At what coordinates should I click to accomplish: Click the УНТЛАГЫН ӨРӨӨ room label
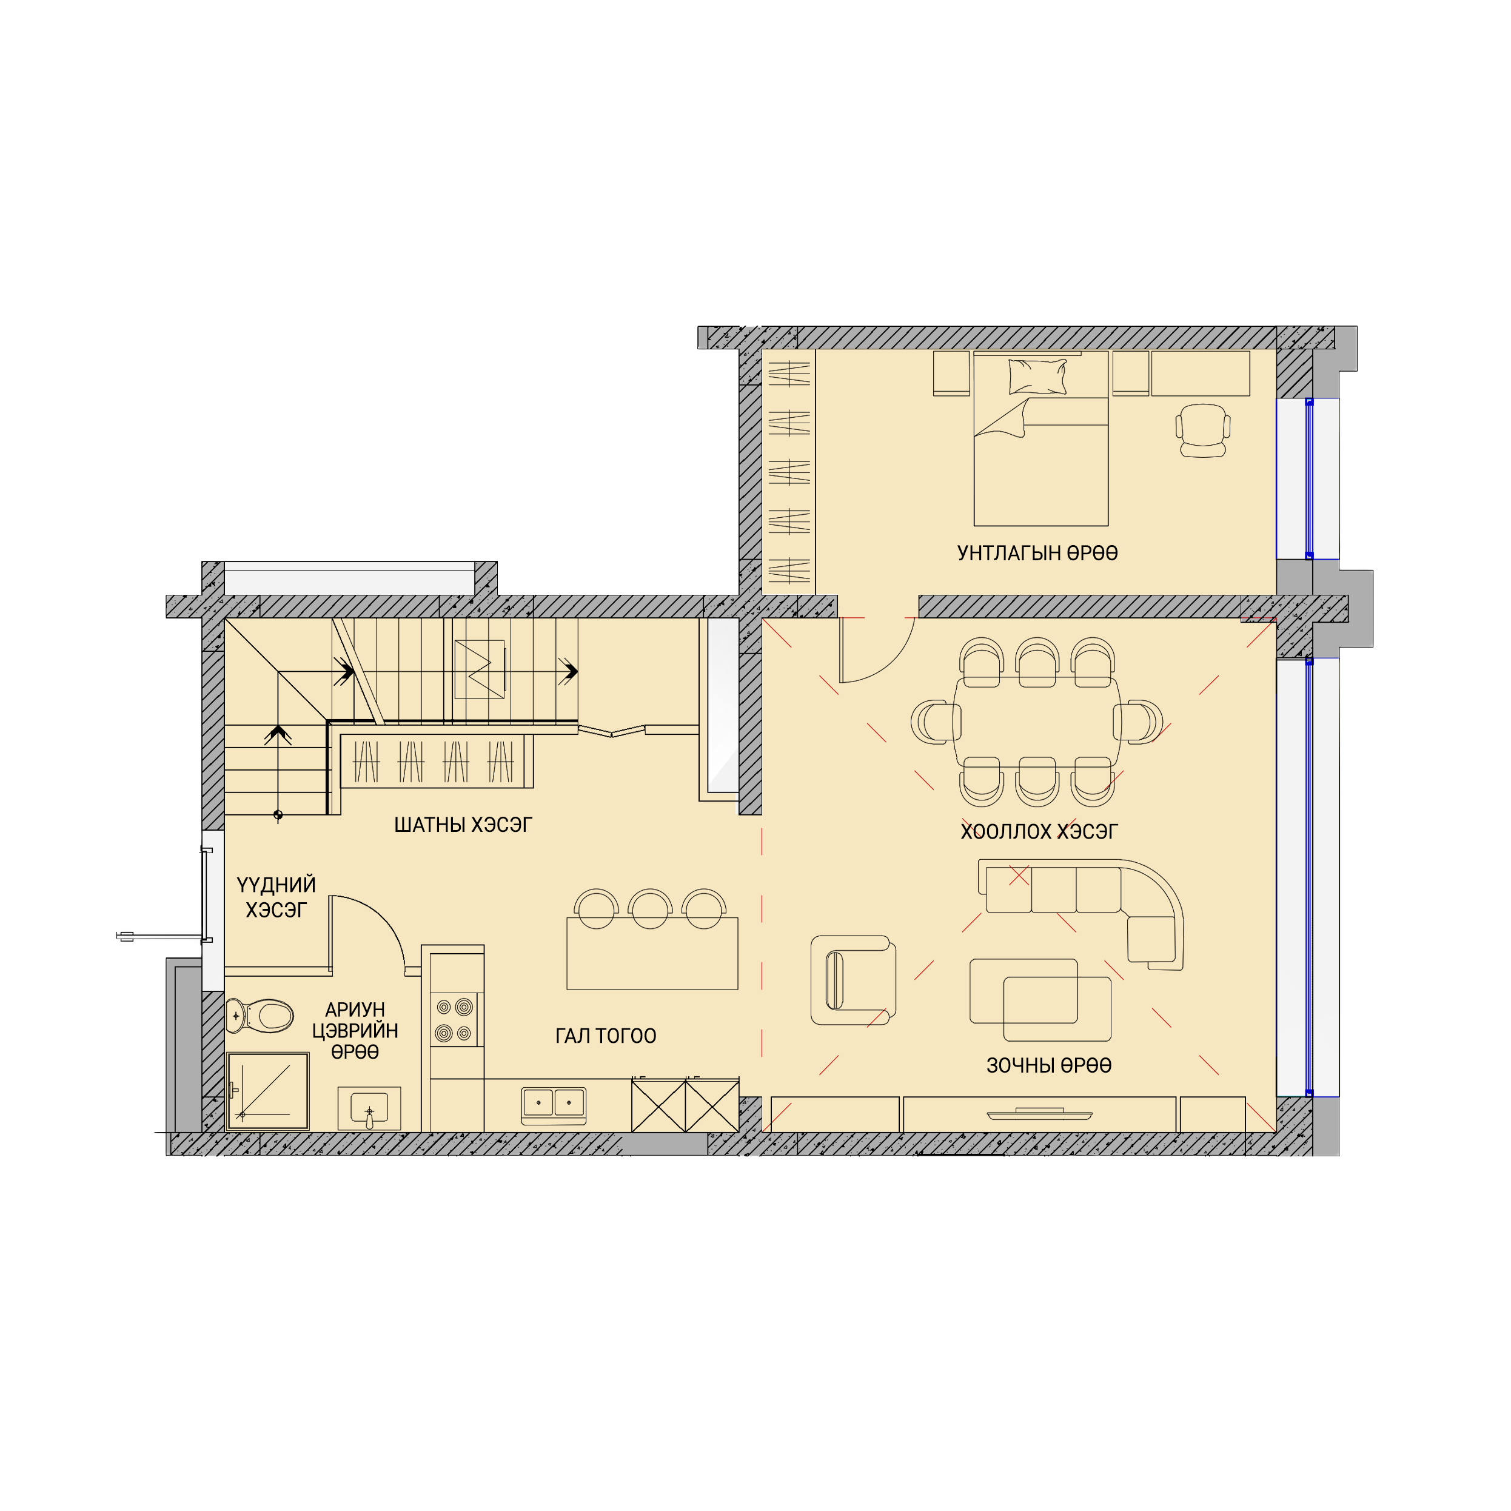tap(1037, 554)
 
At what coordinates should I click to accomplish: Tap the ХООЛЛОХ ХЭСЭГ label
tap(1039, 831)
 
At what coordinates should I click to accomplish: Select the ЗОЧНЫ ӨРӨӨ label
tap(1049, 1065)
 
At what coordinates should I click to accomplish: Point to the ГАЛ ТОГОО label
tap(605, 1036)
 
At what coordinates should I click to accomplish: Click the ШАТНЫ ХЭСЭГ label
tap(463, 825)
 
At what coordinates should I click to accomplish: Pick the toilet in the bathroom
tap(260, 1016)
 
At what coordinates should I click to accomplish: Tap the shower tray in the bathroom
tap(268, 1091)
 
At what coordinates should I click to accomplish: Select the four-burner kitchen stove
tap(454, 1020)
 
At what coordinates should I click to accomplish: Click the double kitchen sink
tap(554, 1104)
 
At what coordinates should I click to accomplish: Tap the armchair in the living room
tap(853, 980)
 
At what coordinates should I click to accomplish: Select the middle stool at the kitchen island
tap(650, 909)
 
